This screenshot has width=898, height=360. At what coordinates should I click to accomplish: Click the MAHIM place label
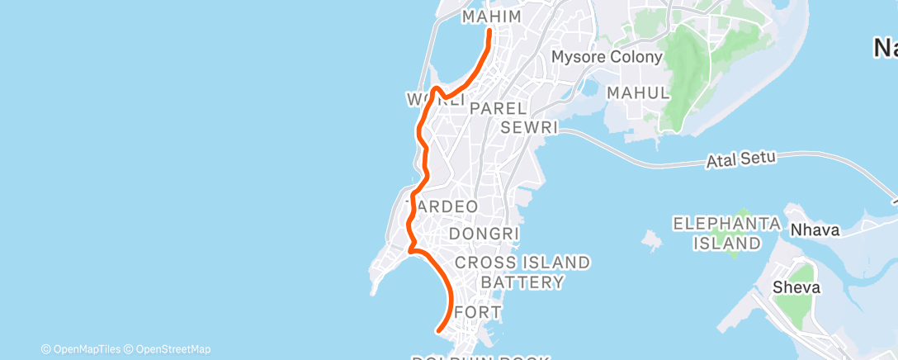[x=492, y=17]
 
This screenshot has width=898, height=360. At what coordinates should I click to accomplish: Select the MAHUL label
[x=637, y=93]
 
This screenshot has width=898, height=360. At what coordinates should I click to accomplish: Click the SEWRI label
[x=529, y=128]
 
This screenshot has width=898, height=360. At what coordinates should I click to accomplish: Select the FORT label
[x=478, y=313]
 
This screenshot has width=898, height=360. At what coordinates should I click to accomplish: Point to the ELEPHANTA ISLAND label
[x=726, y=234]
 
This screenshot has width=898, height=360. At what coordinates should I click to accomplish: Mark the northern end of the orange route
[x=490, y=31]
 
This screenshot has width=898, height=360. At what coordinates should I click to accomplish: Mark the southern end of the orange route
[x=438, y=330]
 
